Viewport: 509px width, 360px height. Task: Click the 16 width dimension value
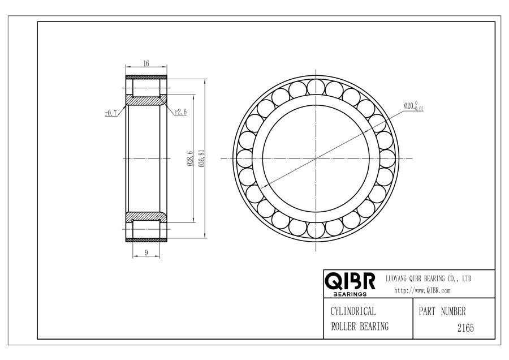(x=146, y=63)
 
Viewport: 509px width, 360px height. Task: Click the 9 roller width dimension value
(x=146, y=252)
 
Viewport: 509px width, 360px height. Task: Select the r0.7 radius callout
(x=111, y=113)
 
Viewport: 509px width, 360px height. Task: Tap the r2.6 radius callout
(x=181, y=112)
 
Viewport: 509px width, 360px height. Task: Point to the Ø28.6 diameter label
(x=190, y=159)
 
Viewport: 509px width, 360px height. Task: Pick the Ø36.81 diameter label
(x=201, y=158)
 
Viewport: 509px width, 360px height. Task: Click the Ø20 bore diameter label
(x=413, y=106)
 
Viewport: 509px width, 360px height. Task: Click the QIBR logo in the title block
(x=350, y=281)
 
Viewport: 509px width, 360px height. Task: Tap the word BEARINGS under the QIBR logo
(x=350, y=294)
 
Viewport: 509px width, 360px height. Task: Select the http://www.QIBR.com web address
(x=422, y=290)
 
